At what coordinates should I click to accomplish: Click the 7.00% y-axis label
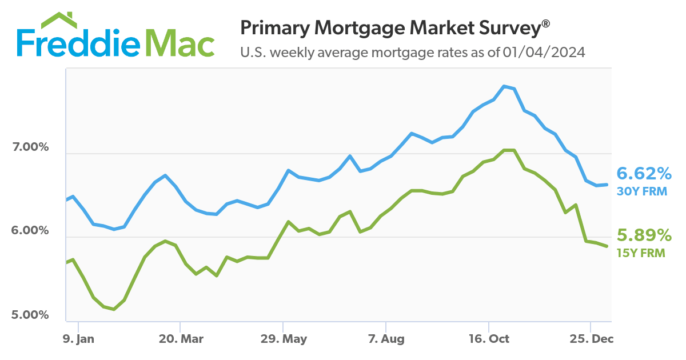[30, 147]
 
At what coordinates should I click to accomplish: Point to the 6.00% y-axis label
[30, 231]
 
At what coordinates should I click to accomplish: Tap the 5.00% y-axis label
[30, 315]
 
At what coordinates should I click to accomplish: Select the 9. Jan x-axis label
[79, 339]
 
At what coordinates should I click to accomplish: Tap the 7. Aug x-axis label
[386, 339]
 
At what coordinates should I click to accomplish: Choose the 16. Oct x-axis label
[490, 339]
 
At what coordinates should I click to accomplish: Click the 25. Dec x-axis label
[592, 339]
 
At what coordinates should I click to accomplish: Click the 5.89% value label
[644, 235]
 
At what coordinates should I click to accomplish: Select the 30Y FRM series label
[641, 191]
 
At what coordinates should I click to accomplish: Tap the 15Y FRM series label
[641, 253]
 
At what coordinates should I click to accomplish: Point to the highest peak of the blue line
[504, 86]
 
